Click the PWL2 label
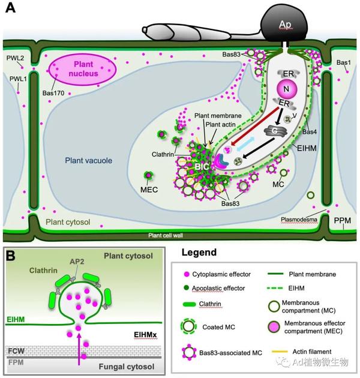click(x=14, y=58)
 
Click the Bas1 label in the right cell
click(x=344, y=62)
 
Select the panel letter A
click(x=10, y=8)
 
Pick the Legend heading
click(x=201, y=253)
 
